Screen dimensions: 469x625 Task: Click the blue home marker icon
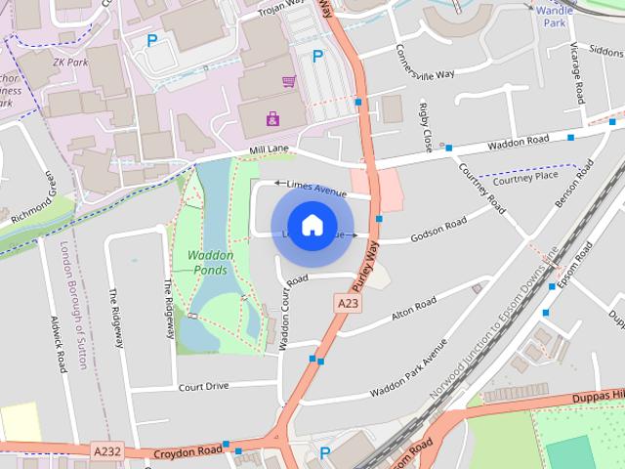[x=312, y=226]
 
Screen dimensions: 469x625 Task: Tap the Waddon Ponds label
[x=207, y=263]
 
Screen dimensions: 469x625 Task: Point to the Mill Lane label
[x=270, y=149]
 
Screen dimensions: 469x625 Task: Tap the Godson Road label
[x=438, y=231]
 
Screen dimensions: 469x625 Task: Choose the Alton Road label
[x=413, y=310]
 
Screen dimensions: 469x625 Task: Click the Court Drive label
[x=203, y=386]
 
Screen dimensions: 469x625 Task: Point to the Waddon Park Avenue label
[x=408, y=369]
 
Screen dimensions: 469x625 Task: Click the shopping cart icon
[x=288, y=81]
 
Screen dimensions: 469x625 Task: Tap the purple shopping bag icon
[x=271, y=119]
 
